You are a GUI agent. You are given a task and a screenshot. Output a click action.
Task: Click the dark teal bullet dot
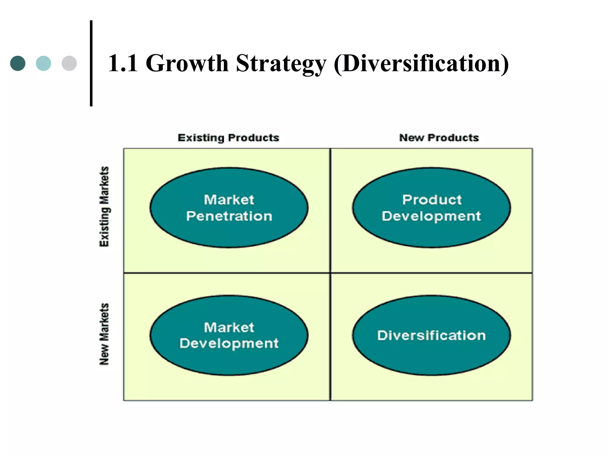tap(18, 63)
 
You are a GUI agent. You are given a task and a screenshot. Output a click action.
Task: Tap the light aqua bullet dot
tap(43, 63)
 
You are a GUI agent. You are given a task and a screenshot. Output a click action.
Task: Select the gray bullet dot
tap(69, 63)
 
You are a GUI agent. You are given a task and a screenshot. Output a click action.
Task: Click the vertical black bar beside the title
tap(91, 63)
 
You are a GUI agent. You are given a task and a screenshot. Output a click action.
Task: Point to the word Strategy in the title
tap(281, 64)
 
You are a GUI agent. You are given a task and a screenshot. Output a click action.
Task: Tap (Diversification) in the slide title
tap(421, 64)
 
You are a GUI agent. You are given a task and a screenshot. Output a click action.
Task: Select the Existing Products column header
tap(228, 138)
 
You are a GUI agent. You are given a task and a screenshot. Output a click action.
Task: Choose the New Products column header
tap(439, 138)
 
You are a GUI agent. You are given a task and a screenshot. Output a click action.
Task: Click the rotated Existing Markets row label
tap(104, 207)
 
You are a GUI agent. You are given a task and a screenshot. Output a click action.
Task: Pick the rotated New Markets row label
tap(104, 334)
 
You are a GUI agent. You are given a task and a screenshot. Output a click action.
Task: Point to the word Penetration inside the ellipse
tap(229, 216)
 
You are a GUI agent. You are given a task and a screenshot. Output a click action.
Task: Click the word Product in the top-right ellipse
tap(432, 200)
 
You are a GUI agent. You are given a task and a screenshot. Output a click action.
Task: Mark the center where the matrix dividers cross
tap(330, 273)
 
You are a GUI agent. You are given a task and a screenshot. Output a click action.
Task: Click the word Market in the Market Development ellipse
tap(229, 327)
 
